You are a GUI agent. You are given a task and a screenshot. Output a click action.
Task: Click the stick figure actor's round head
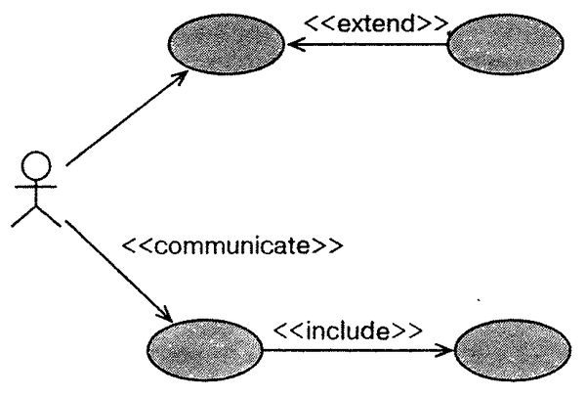pos(34,164)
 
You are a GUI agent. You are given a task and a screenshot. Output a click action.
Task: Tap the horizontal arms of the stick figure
pos(34,185)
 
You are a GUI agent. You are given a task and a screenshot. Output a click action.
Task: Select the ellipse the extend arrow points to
pos(226,44)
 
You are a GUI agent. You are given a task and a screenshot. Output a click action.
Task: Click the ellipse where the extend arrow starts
pos(505,44)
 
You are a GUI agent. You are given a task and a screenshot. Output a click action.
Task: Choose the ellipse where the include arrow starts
pos(203,348)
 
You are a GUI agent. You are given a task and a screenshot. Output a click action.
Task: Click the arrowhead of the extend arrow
pos(292,44)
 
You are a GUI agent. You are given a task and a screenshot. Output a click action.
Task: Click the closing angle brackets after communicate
pos(329,244)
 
